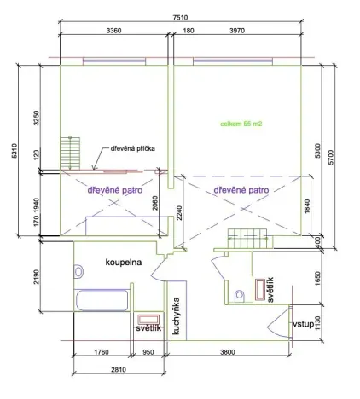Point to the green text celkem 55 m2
tap(241, 124)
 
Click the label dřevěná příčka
tap(131, 149)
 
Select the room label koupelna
tap(124, 262)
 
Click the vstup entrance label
tap(303, 324)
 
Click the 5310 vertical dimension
tap(14, 152)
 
